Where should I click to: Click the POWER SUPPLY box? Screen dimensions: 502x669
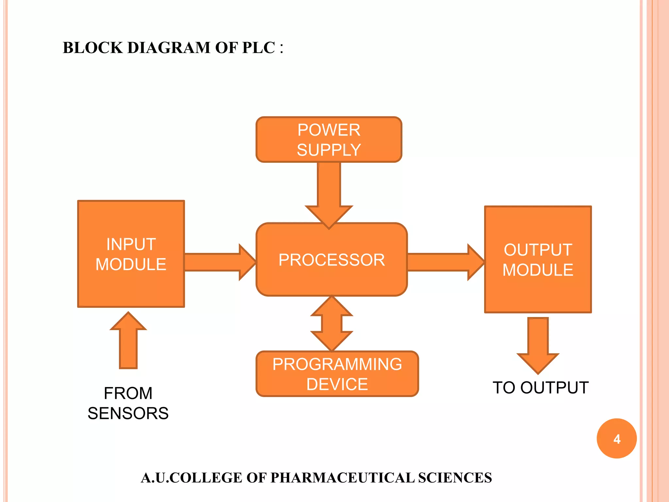pyautogui.click(x=329, y=140)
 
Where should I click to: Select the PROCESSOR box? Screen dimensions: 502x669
pyautogui.click(x=332, y=260)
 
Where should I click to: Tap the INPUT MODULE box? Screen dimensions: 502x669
pyautogui.click(x=131, y=254)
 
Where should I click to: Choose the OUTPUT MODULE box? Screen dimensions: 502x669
pyautogui.click(x=538, y=259)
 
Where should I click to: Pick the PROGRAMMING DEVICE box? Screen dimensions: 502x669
pyautogui.click(x=337, y=374)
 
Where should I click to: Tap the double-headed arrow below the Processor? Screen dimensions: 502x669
pyautogui.click(x=332, y=324)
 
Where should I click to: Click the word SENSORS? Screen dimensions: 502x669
pyautogui.click(x=128, y=413)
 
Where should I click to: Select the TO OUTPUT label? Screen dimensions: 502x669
pyautogui.click(x=541, y=388)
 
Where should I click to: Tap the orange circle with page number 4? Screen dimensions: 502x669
pyautogui.click(x=616, y=439)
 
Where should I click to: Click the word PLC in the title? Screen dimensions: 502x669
pyautogui.click(x=258, y=48)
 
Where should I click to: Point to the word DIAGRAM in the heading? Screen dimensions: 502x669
pyautogui.click(x=169, y=48)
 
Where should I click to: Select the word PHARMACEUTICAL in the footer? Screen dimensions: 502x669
pyautogui.click(x=343, y=478)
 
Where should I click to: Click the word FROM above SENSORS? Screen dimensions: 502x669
pyautogui.click(x=128, y=393)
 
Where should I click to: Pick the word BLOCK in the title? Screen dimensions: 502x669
pyautogui.click(x=92, y=48)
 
